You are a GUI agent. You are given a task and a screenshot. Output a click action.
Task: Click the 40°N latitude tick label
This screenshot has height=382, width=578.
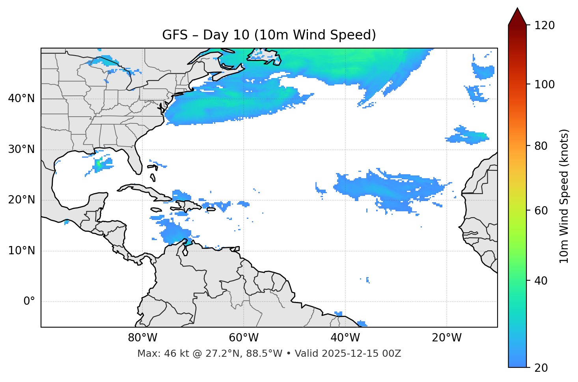click(21, 99)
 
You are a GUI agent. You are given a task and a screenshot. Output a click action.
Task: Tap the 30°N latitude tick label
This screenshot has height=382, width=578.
click(21, 149)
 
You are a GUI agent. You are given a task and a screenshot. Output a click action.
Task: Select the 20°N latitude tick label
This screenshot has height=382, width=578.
click(21, 200)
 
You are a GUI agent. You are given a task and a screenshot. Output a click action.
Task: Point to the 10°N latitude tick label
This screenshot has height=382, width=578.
click(21, 251)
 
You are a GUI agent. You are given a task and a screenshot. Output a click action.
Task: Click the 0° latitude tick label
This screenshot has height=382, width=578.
click(29, 302)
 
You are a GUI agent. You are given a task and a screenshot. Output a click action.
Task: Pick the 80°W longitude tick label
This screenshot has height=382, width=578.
click(142, 338)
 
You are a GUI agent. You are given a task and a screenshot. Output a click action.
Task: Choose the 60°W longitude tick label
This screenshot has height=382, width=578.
click(244, 338)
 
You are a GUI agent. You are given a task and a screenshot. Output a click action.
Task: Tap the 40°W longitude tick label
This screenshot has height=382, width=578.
click(345, 338)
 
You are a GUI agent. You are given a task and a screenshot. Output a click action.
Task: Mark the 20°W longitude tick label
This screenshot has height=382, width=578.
click(446, 338)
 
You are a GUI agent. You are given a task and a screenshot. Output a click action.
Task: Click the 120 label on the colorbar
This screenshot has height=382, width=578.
click(544, 25)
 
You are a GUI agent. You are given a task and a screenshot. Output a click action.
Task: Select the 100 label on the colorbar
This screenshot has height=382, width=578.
click(544, 84)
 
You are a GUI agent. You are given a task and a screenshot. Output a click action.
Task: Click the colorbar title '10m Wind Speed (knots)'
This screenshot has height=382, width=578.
click(564, 196)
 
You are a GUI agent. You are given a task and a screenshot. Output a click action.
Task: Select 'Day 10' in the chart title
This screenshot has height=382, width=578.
click(226, 35)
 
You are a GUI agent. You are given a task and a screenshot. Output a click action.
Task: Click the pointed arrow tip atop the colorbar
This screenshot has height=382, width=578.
click(517, 9)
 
